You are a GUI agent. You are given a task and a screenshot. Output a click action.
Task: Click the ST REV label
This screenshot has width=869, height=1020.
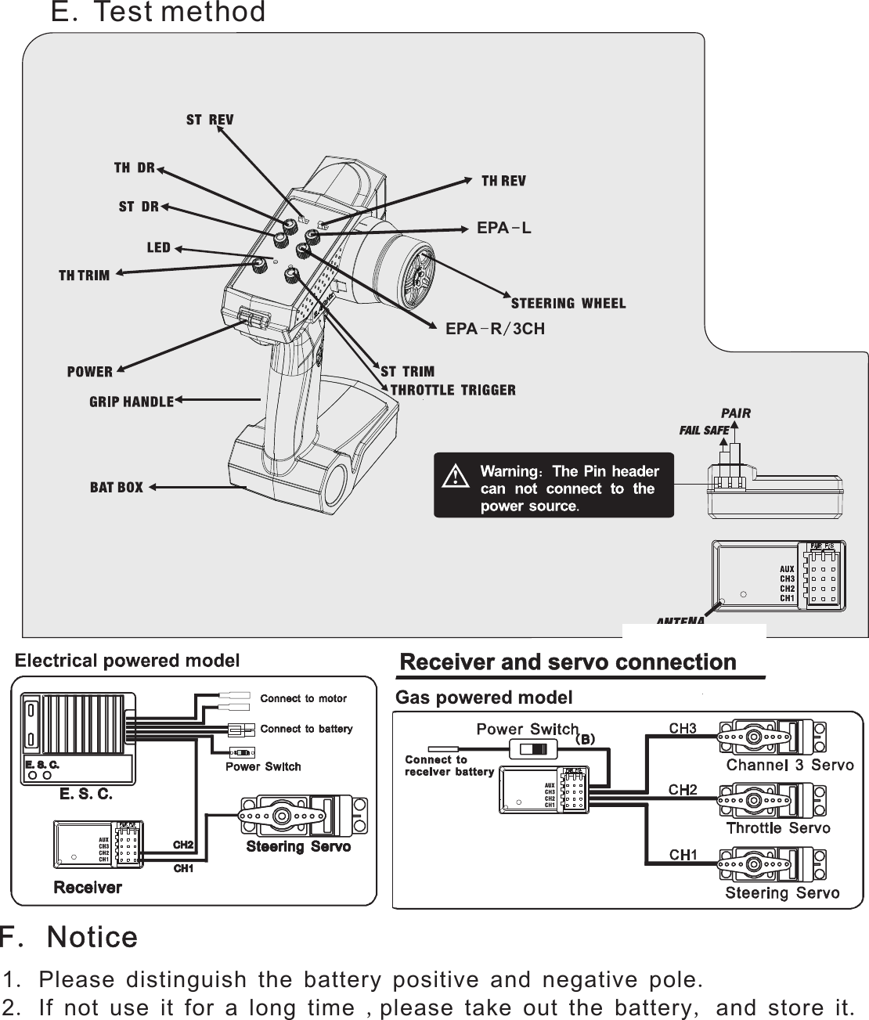(209, 120)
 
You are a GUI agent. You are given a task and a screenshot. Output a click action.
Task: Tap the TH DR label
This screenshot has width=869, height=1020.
(134, 168)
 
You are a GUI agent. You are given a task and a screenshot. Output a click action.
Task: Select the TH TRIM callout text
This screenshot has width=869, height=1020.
(84, 276)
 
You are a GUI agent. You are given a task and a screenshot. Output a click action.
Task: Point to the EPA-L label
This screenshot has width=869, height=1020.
(504, 229)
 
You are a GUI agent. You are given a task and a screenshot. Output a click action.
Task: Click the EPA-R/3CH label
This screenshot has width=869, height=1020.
(495, 329)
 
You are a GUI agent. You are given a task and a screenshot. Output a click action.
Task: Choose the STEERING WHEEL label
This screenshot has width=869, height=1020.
(568, 304)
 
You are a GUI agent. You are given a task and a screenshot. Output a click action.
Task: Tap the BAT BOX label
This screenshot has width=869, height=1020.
(116, 488)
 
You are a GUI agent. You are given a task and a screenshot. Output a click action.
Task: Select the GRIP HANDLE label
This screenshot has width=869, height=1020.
(131, 402)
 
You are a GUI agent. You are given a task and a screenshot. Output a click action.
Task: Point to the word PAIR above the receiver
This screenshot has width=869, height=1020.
(735, 413)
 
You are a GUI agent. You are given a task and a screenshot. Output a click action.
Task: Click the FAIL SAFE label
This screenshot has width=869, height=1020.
(703, 431)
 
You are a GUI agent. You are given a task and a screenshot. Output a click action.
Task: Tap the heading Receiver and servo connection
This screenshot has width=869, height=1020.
(568, 663)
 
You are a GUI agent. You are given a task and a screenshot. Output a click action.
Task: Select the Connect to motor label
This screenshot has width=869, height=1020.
(303, 698)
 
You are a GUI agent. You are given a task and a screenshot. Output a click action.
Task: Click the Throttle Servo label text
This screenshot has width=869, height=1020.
(777, 828)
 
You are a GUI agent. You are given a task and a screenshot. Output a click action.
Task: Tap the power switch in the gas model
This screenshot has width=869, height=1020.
(532, 749)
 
